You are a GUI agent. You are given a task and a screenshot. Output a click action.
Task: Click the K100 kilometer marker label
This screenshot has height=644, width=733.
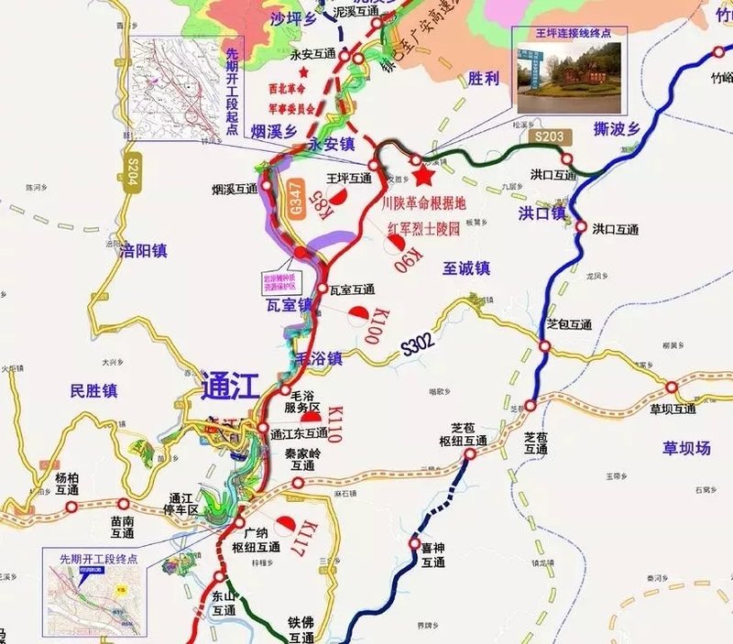[x=383, y=326]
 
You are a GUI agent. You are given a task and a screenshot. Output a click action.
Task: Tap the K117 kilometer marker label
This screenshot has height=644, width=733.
[x=310, y=538]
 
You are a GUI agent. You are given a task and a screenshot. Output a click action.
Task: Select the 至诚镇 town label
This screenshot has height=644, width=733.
[x=466, y=268]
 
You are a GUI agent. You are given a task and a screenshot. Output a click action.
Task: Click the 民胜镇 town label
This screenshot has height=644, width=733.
[x=93, y=391]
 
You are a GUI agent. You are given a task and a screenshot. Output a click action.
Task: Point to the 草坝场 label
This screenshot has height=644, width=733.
[x=687, y=448]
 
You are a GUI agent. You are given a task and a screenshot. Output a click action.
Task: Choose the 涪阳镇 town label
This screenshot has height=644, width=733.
[x=143, y=249]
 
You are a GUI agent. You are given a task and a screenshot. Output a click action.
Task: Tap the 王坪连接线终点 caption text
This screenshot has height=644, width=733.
[x=568, y=33]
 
